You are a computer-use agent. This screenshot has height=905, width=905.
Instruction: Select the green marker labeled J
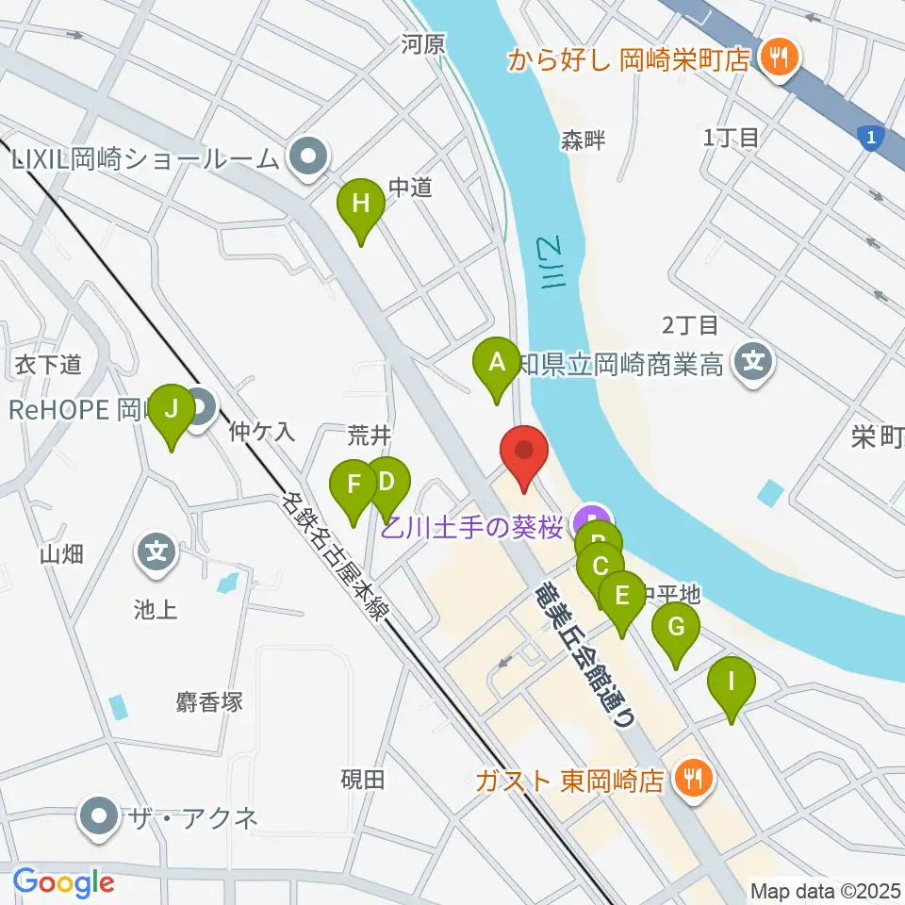tap(171, 411)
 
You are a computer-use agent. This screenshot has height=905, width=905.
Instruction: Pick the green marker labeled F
tap(354, 485)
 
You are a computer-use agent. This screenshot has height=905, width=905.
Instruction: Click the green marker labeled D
tap(387, 483)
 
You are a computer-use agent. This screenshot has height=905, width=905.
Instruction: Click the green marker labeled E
tap(621, 598)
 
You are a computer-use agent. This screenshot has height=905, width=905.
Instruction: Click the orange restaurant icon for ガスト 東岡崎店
tap(696, 779)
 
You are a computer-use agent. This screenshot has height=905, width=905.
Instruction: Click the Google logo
tap(63, 882)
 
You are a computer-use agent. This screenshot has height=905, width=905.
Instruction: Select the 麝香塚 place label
tap(209, 701)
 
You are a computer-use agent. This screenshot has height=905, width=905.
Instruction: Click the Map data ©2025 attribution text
tap(824, 890)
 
